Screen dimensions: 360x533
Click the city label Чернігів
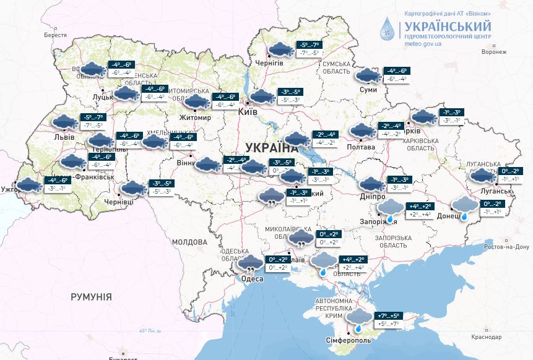click(x=269, y=64)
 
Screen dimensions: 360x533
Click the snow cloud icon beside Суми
click(x=368, y=75)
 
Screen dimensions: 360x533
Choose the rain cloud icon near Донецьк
click(x=464, y=207)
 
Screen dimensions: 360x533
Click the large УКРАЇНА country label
click(x=271, y=147)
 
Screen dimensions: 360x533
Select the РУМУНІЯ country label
click(x=92, y=298)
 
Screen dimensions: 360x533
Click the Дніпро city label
click(x=372, y=196)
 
